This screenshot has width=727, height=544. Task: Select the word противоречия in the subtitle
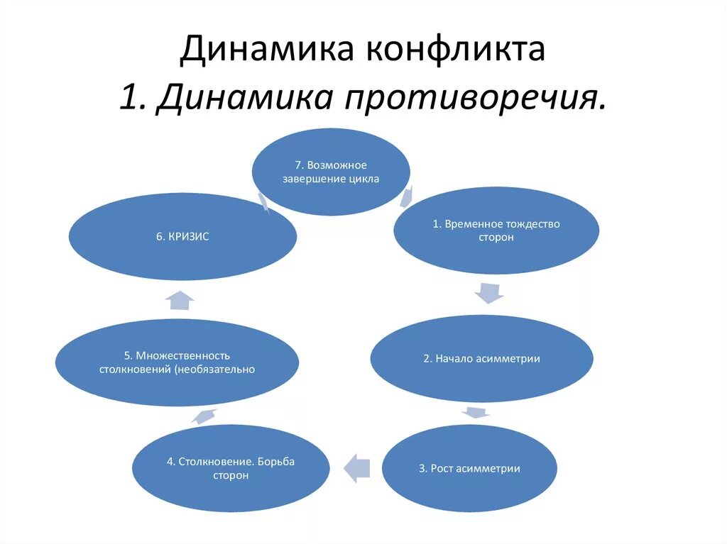point(476,97)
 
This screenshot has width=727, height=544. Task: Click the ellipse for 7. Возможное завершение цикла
point(332,172)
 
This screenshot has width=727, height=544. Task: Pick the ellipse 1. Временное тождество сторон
point(496,231)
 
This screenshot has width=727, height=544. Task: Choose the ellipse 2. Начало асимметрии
point(481,359)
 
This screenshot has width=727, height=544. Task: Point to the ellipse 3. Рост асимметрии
point(469,469)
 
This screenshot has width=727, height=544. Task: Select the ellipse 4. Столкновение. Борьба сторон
point(231,469)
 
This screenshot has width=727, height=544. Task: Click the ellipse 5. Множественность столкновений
point(177,362)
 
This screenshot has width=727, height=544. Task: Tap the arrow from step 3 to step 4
point(357,467)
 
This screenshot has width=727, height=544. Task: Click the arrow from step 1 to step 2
point(488,291)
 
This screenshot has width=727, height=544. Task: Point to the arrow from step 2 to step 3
point(475,412)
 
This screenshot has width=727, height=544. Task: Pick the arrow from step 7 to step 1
point(408,195)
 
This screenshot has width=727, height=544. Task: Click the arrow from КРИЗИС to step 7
point(263,203)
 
